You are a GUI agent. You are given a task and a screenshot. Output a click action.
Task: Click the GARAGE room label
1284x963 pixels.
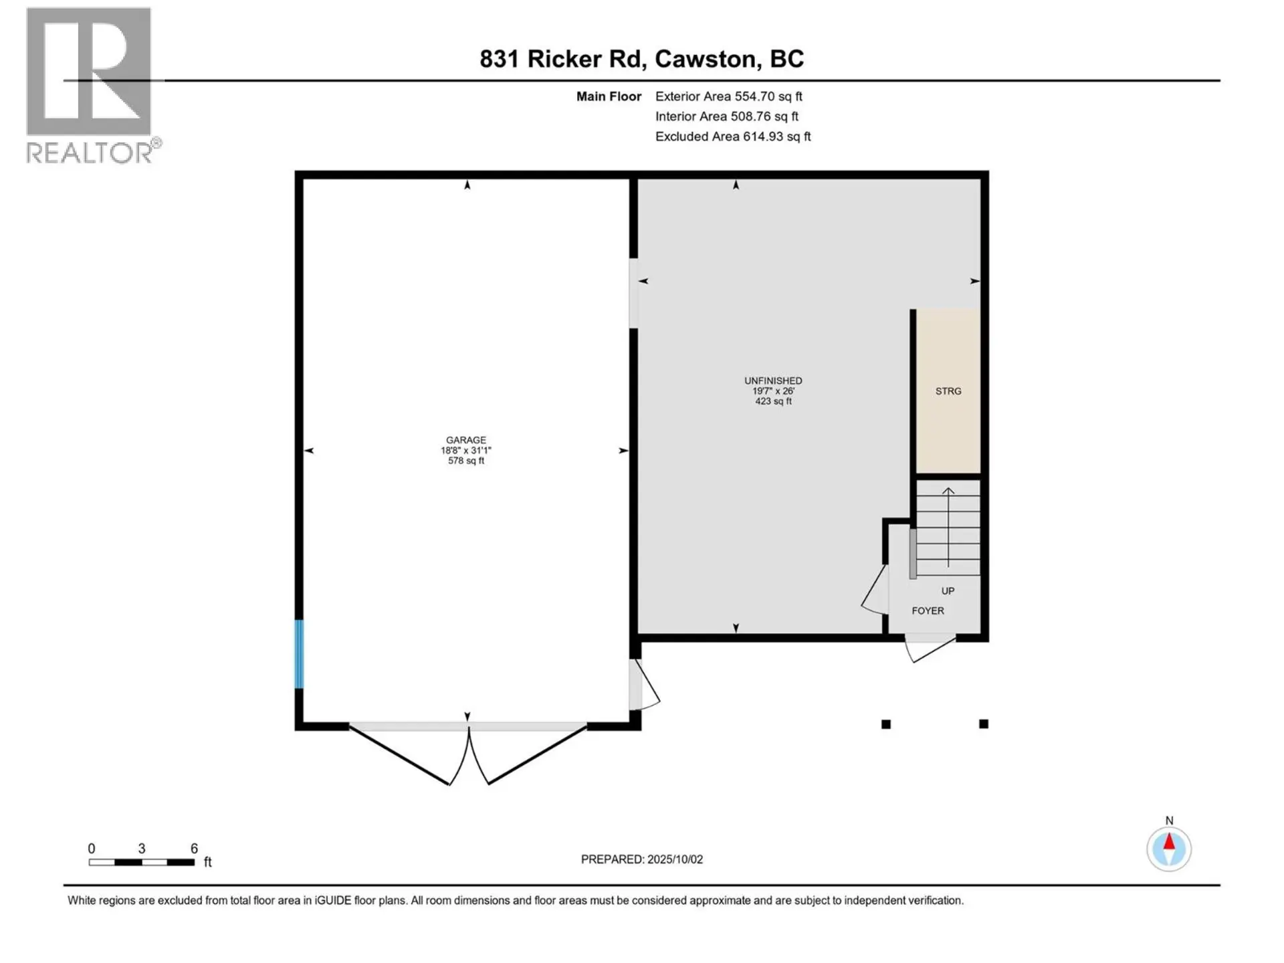point(466,440)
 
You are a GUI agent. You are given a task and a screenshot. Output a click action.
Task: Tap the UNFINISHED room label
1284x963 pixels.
point(773,381)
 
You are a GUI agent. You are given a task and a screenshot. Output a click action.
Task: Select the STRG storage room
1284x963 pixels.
point(948,391)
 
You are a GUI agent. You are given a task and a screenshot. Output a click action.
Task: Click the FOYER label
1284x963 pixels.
point(928,611)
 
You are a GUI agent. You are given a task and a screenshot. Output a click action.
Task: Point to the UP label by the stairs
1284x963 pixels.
point(948,591)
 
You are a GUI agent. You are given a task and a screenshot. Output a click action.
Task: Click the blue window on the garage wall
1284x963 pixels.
point(299,654)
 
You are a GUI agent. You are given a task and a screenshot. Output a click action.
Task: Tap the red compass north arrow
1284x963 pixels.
point(1169,842)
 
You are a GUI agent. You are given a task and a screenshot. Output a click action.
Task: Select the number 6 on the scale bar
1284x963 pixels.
point(194,849)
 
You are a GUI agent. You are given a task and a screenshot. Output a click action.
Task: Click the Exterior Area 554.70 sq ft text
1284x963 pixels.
point(728,96)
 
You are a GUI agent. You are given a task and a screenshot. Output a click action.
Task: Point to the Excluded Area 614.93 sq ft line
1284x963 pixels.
point(732,136)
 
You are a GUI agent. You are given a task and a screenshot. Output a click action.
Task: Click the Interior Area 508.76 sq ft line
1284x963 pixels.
point(726,116)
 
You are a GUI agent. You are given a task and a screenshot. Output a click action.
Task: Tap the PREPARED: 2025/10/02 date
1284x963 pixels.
point(641,859)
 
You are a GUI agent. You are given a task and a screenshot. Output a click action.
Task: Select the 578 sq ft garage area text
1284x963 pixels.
point(466,461)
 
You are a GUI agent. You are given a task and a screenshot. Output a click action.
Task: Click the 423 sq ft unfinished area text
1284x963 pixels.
point(773,401)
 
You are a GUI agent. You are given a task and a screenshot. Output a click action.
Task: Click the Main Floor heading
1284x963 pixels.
point(609,96)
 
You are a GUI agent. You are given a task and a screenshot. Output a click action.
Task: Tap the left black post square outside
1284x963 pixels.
point(886,724)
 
